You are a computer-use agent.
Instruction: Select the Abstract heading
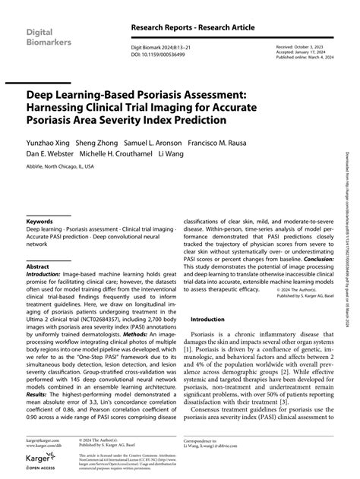pyautogui.click(x=37, y=268)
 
